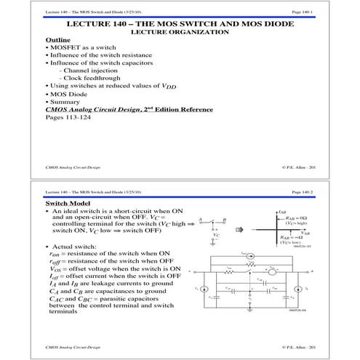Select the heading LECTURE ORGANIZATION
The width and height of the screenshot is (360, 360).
click(180, 32)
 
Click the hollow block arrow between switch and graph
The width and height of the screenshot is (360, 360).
click(248, 224)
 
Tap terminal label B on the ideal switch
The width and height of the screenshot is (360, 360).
click(225, 218)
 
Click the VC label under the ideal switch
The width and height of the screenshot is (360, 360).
click(215, 236)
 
